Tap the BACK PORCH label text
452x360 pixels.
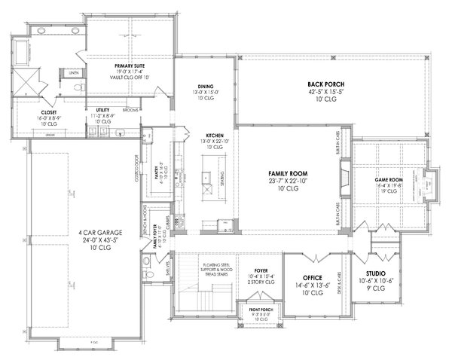point(325,84)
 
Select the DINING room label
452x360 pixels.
point(206,87)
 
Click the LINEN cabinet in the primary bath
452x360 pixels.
point(74,72)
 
